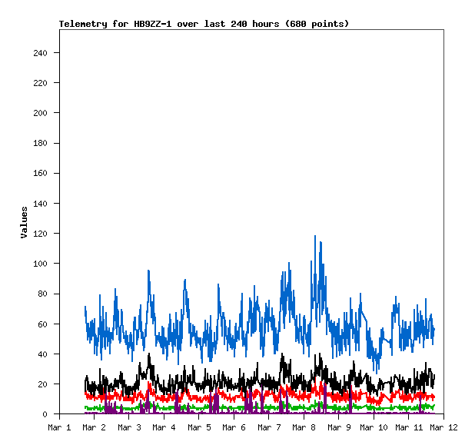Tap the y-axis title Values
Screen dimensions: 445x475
coord(24,222)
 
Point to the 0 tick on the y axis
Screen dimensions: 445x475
coord(48,414)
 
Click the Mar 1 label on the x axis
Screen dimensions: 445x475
coord(59,427)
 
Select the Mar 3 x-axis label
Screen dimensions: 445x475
coord(128,427)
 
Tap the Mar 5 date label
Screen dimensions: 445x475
coord(198,427)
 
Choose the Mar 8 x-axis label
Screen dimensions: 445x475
coord(304,427)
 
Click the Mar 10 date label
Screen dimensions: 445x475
coord(373,427)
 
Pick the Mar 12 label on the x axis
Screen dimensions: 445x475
coord(443,427)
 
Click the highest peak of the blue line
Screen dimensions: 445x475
coord(315,236)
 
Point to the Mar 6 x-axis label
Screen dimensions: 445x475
coord(234,427)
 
